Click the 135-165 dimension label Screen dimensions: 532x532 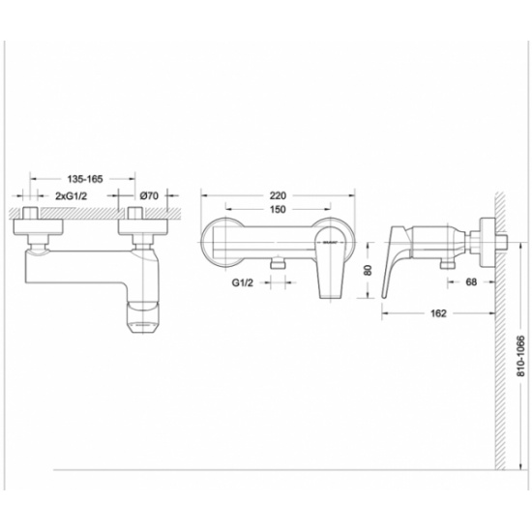click(85, 179)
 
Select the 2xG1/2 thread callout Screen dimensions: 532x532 click(72, 195)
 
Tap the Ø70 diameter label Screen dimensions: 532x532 click(149, 195)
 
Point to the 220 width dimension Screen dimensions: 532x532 click(278, 195)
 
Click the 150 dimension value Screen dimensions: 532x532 click(278, 210)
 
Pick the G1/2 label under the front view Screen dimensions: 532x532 click(243, 282)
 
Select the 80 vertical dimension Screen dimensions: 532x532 click(369, 270)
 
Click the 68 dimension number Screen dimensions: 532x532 click(471, 281)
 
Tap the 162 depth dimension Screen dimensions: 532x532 click(438, 313)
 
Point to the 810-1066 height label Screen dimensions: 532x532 click(520, 356)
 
